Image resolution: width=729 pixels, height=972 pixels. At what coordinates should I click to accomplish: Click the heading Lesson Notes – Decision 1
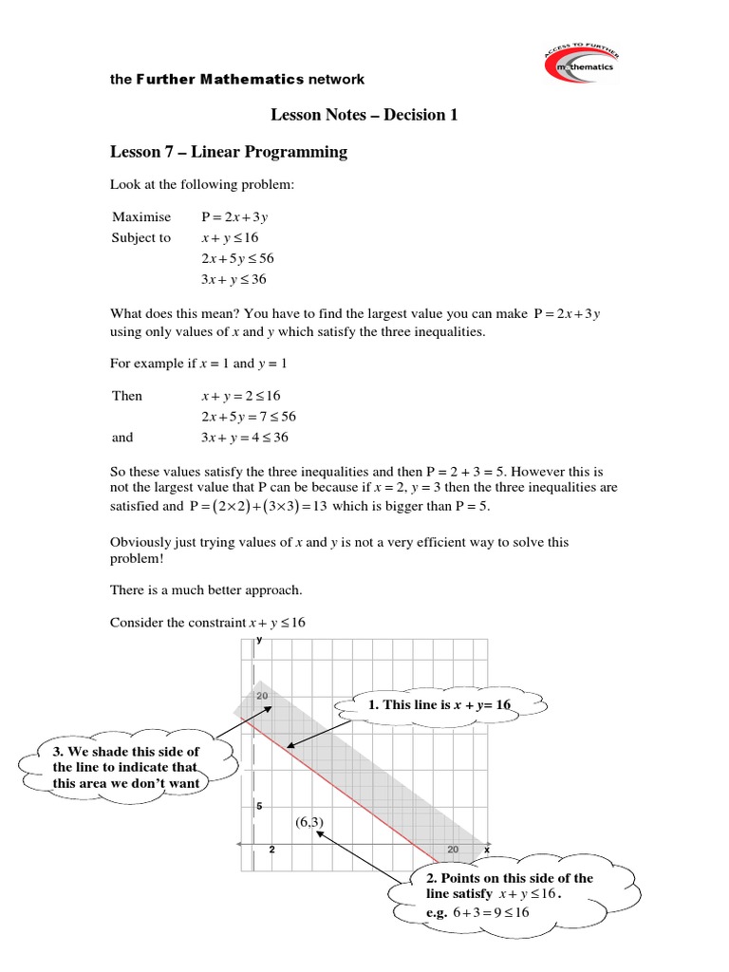(x=364, y=115)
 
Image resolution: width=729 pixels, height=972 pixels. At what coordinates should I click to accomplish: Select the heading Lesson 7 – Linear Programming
(x=229, y=152)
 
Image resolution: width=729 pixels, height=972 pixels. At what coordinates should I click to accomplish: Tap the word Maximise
(x=141, y=216)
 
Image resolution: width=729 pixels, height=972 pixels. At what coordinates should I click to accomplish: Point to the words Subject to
(x=141, y=237)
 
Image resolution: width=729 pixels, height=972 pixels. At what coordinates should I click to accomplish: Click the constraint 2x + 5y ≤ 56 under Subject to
(x=237, y=258)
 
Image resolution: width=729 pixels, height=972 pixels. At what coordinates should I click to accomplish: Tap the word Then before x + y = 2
(x=127, y=396)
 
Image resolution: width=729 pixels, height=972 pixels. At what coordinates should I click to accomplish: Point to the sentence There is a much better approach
(x=206, y=589)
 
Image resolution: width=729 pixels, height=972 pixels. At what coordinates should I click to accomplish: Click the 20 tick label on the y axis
(x=262, y=696)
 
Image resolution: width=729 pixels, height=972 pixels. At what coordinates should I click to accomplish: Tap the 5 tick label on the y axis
(x=259, y=806)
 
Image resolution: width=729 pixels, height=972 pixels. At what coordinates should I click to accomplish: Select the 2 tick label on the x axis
(x=272, y=850)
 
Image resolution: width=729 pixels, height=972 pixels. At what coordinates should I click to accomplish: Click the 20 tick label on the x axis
(x=453, y=850)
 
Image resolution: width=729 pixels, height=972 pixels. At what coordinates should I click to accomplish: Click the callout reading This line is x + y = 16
(x=442, y=705)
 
